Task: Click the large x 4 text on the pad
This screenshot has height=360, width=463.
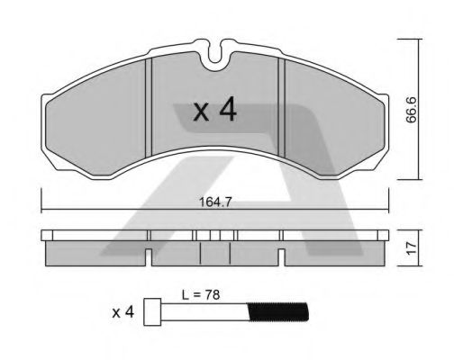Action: pos(215,111)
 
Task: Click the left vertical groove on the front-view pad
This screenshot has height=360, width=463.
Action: pos(150,108)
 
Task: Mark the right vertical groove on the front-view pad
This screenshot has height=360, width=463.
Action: pos(282,108)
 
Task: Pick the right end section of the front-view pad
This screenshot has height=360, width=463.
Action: pos(333,117)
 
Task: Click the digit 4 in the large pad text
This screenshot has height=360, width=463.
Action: pos(227,110)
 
